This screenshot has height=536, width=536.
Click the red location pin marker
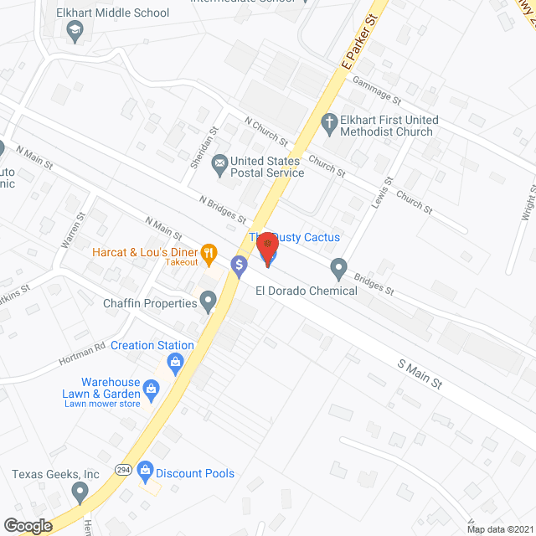click(x=268, y=249)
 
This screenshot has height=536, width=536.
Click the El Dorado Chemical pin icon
click(x=338, y=269)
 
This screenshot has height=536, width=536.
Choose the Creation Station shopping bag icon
click(x=175, y=362)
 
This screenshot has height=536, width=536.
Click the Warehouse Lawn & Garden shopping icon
click(x=151, y=389)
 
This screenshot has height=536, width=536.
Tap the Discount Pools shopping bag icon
click(x=145, y=472)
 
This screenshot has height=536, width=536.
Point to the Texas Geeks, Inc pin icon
click(x=80, y=492)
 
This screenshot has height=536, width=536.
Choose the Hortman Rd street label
click(x=81, y=354)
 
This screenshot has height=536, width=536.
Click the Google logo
click(x=27, y=525)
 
